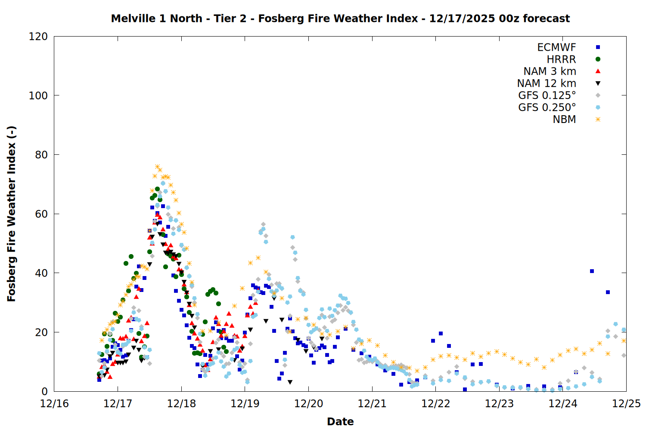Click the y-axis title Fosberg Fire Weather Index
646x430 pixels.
click(x=12, y=214)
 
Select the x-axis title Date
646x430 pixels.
click(x=340, y=421)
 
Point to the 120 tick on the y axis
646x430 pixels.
click(x=38, y=37)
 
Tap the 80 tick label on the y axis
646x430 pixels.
click(x=41, y=155)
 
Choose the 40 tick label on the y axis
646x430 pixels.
click(x=41, y=273)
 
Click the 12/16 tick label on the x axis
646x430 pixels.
click(x=54, y=404)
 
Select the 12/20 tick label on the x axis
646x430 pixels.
click(x=308, y=404)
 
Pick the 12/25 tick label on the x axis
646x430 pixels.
click(x=626, y=404)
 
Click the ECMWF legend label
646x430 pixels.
click(x=556, y=47)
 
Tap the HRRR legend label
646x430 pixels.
click(x=561, y=59)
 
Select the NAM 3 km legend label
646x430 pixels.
click(x=550, y=71)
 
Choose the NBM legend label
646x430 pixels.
click(x=564, y=120)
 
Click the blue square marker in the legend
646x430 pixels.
click(x=598, y=47)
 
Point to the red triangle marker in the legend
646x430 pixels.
click(x=598, y=71)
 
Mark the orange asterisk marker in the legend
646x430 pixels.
click(x=598, y=120)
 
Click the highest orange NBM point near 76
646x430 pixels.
click(x=157, y=167)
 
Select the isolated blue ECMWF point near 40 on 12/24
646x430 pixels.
click(x=592, y=271)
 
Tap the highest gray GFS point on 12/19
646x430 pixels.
click(x=263, y=224)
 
